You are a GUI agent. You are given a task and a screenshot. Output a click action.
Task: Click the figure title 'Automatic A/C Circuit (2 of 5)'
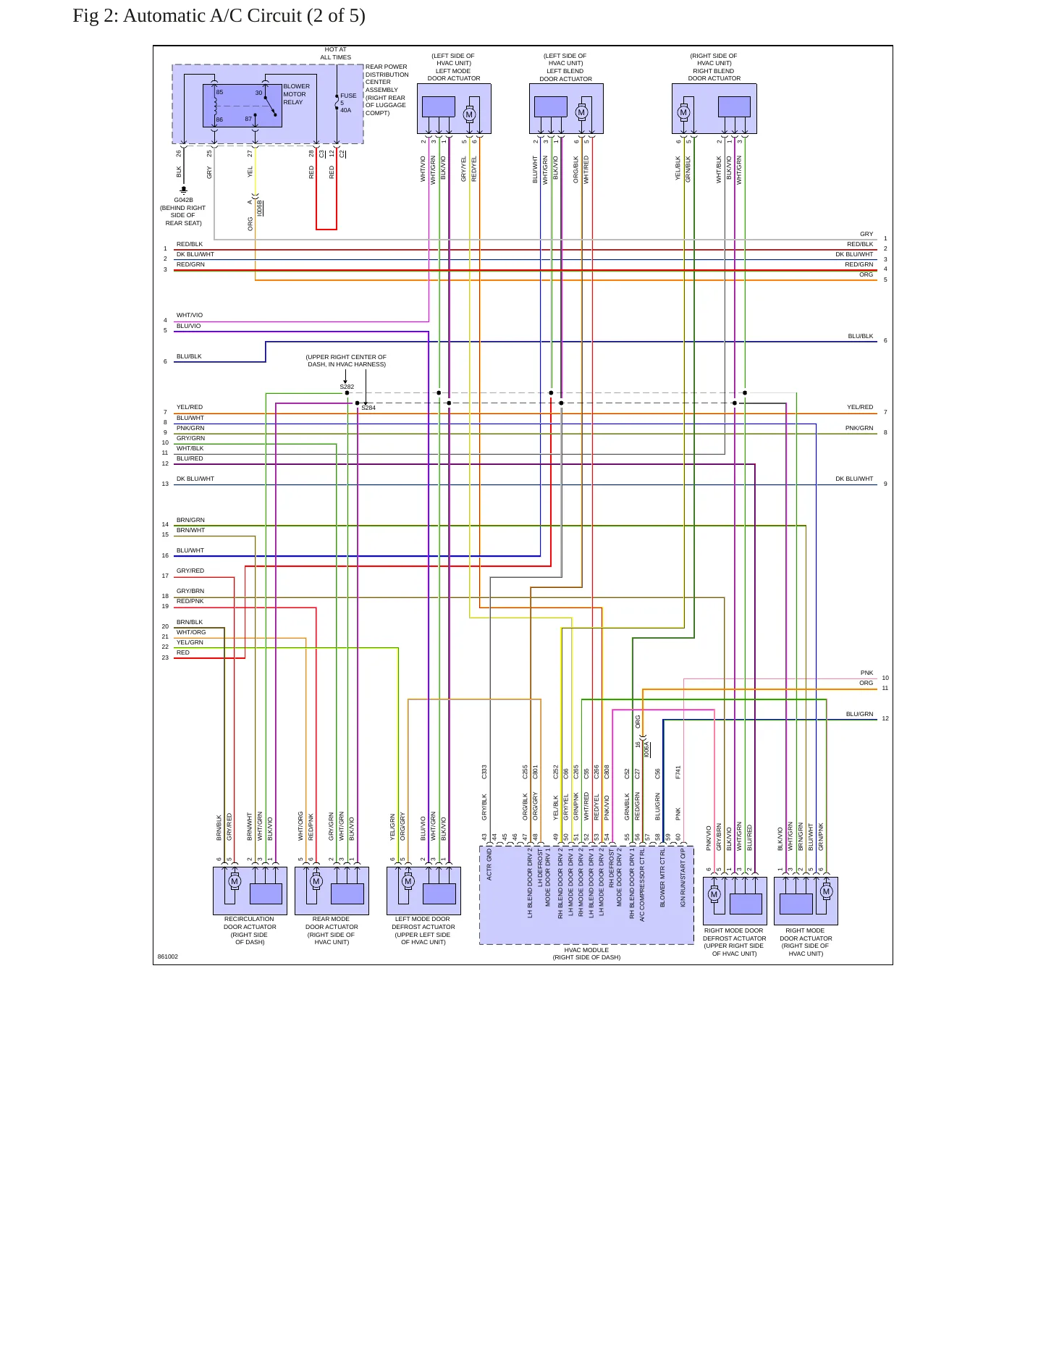[244, 16]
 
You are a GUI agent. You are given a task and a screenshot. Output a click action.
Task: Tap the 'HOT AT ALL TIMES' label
[336, 54]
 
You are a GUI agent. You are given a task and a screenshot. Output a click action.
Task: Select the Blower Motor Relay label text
[296, 94]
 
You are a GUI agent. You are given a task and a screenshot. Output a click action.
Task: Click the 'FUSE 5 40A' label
[348, 103]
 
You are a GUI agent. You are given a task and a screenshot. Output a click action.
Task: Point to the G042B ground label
[183, 200]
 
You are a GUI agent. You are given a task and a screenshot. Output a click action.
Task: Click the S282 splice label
[347, 387]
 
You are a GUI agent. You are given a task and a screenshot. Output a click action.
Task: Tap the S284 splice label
[368, 408]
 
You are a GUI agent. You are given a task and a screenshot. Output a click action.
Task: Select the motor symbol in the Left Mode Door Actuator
[469, 114]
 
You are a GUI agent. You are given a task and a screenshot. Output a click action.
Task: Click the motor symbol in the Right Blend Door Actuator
[683, 112]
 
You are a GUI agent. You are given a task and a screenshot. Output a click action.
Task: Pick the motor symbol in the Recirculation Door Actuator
[235, 881]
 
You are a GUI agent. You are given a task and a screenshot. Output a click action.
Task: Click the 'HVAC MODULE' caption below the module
[586, 950]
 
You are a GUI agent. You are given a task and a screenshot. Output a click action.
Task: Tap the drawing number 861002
[168, 956]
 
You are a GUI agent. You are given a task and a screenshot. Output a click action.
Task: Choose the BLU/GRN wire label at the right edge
[859, 714]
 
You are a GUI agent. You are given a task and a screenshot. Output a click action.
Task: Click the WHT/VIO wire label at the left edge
[190, 315]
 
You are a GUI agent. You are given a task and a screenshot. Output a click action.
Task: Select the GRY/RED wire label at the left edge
[190, 571]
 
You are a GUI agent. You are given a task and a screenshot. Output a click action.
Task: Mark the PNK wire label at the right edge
[866, 673]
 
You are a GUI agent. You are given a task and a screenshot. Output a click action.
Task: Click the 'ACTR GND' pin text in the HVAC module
[489, 865]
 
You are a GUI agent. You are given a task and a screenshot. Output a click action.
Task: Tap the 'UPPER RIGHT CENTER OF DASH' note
[346, 361]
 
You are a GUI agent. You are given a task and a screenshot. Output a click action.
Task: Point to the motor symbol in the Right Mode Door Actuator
[827, 891]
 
